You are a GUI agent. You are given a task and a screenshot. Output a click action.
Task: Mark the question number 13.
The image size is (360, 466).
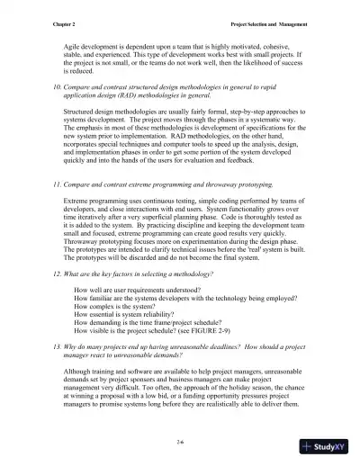55,346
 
